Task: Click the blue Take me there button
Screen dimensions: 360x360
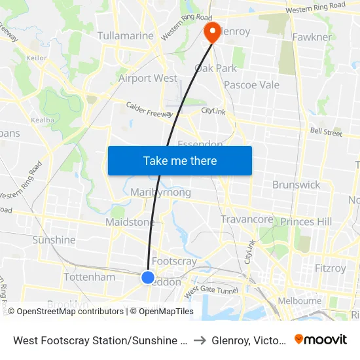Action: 179,161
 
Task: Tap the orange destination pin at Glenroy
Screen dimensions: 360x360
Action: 212,31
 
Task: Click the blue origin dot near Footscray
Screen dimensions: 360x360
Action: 148,278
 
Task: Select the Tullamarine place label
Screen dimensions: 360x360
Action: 125,36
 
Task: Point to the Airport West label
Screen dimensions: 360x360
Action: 148,79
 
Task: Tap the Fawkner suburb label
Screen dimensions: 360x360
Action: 312,37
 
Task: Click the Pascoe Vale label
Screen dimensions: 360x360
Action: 251,85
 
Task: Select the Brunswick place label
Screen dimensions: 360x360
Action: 296,185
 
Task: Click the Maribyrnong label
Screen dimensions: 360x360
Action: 160,192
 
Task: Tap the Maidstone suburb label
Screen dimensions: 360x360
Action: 130,223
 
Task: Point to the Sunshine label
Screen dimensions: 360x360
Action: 54,240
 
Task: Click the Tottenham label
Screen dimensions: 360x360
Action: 90,277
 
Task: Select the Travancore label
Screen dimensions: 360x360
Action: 246,219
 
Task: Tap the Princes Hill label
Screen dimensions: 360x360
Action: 306,222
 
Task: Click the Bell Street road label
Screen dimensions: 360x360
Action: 326,133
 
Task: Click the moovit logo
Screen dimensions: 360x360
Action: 320,339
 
